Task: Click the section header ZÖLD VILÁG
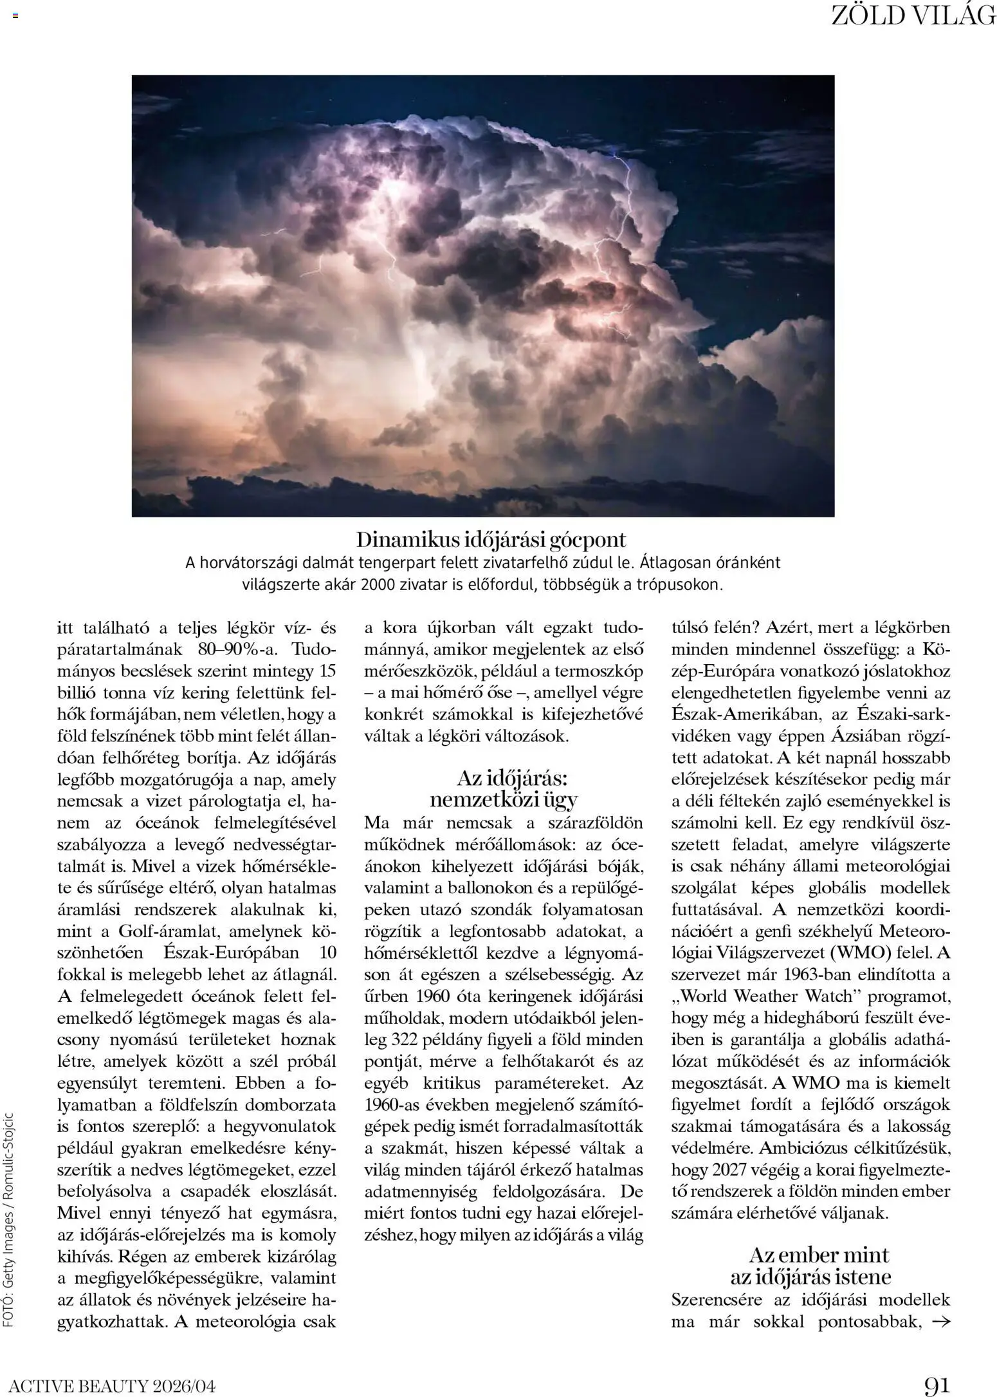(x=913, y=16)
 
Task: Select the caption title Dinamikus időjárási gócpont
(x=491, y=539)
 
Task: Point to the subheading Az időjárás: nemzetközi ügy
(x=504, y=789)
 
